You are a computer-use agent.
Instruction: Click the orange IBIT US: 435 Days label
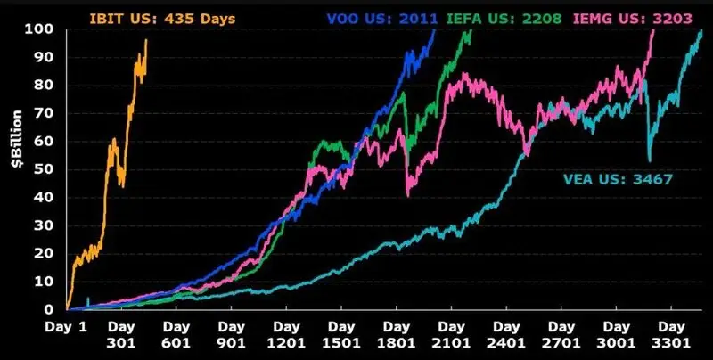pos(148,17)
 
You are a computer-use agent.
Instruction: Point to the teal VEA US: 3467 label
pos(618,179)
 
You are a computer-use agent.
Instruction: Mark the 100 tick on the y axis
pos(46,29)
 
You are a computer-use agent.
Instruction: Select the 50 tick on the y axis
pos(50,169)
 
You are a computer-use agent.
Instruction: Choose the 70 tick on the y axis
pos(50,113)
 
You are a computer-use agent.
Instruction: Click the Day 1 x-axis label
pos(68,328)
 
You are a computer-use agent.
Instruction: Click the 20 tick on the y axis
pos(50,253)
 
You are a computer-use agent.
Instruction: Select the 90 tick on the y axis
pos(50,57)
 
